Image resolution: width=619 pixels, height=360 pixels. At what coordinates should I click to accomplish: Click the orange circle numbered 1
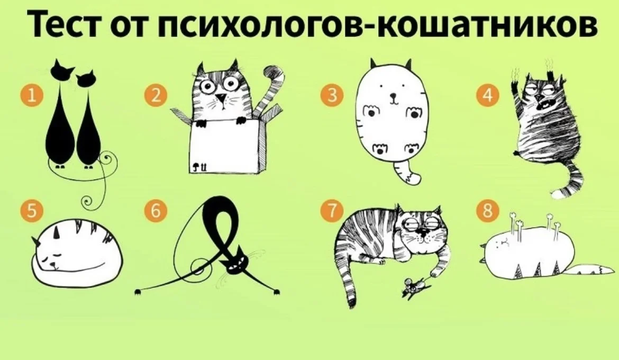[x=32, y=96]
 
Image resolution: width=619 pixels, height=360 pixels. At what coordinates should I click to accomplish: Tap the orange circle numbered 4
[x=488, y=96]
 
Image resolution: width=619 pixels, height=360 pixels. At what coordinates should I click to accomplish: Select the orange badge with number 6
[x=156, y=210]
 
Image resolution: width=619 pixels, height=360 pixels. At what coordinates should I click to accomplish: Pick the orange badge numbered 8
[x=488, y=210]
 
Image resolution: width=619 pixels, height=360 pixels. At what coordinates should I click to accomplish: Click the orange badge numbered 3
[x=332, y=95]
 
